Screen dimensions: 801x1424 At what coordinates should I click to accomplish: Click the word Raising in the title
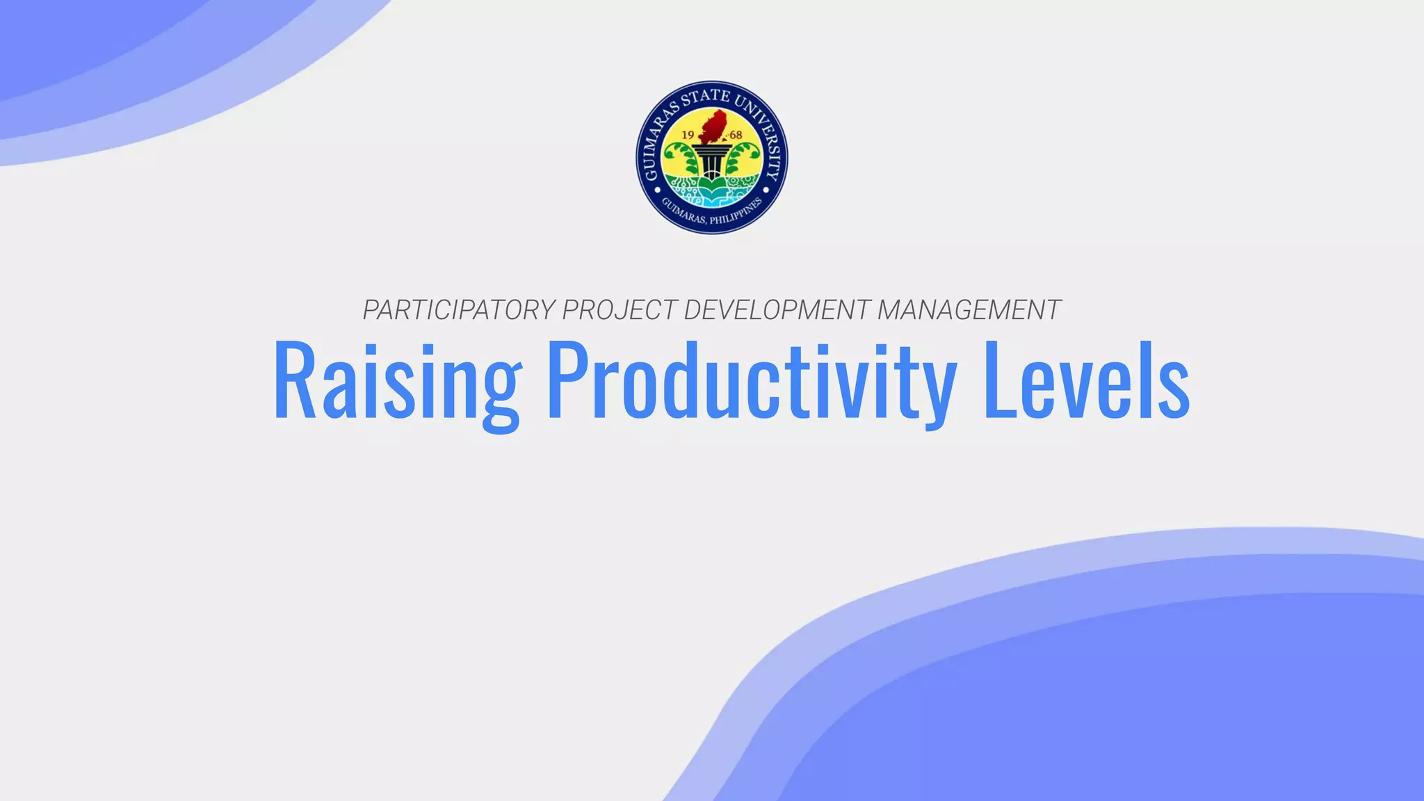pos(396,381)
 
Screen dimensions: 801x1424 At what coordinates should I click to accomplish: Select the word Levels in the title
pos(1086,381)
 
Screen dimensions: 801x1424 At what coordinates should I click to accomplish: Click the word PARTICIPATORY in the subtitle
pos(459,310)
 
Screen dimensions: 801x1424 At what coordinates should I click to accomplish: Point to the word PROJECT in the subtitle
pos(620,310)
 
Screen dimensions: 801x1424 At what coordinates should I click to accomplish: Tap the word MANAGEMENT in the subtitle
pos(969,310)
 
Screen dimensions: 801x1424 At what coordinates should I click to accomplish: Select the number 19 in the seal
pos(688,135)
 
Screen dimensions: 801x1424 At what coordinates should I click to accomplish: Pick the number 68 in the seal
pos(736,135)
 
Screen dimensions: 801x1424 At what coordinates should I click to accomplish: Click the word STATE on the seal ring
pos(705,97)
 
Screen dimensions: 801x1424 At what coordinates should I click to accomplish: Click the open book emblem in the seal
pos(711,186)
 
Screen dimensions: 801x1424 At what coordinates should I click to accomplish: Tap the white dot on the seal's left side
pos(657,188)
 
